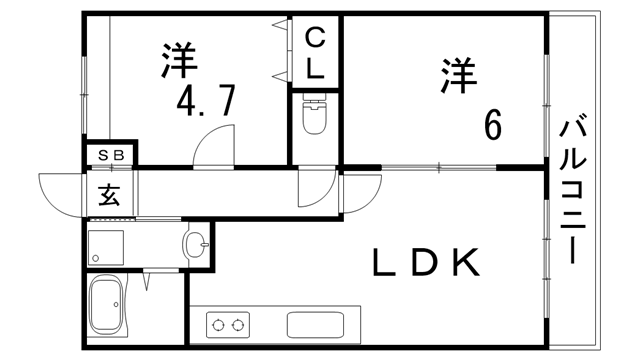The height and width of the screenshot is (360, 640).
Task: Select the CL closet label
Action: tap(315, 55)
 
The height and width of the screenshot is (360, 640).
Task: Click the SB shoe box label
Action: tap(110, 155)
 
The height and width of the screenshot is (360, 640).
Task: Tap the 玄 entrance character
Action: tap(107, 193)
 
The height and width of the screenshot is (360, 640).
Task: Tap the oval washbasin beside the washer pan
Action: tap(197, 243)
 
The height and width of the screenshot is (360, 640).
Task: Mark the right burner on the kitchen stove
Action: tap(238, 324)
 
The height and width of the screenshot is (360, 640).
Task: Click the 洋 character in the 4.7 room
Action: tap(178, 60)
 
